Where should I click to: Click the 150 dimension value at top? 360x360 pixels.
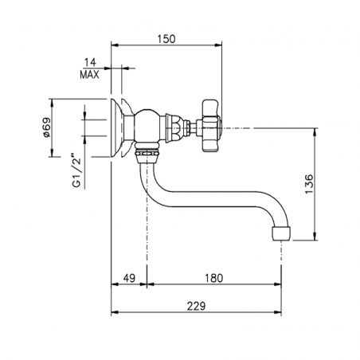coord(166,38)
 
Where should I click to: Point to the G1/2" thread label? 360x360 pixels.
coord(78,171)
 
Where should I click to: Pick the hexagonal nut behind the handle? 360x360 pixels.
coord(183,126)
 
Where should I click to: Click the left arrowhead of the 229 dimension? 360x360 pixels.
coord(112,311)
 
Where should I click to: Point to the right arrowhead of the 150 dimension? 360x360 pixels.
coord(221,45)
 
